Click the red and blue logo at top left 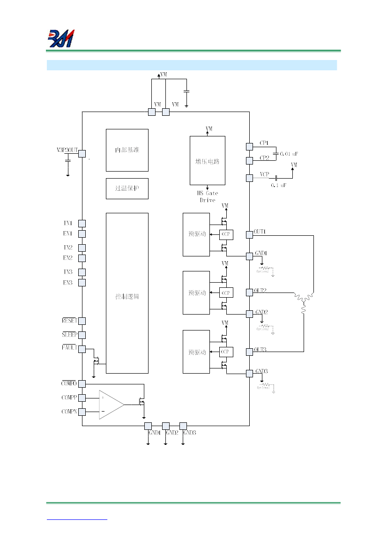click(61, 38)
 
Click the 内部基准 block click(127, 150)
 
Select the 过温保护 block click(127, 188)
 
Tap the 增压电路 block click(207, 161)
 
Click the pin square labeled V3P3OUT click(82, 154)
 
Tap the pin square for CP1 click(249, 146)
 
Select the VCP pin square click(249, 178)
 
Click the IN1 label click(68, 224)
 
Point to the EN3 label click(68, 283)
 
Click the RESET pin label click(69, 321)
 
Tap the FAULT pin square click(82, 349)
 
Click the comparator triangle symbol click(111, 405)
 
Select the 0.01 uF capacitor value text click(289, 154)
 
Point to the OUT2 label click(260, 291)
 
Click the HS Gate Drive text click(208, 197)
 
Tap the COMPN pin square click(82, 412)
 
